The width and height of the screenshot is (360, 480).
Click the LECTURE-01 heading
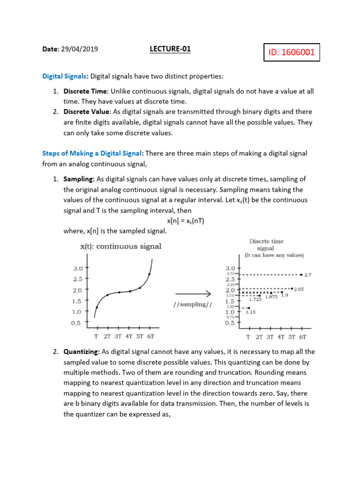pos(170,49)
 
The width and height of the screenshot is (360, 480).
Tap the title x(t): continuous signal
pos(120,246)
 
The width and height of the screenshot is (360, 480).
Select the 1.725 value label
pos(255,299)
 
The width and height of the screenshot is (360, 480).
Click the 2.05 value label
pos(299,290)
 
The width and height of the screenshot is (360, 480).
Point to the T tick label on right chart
pos(248,337)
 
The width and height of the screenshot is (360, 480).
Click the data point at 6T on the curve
pos(150,274)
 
